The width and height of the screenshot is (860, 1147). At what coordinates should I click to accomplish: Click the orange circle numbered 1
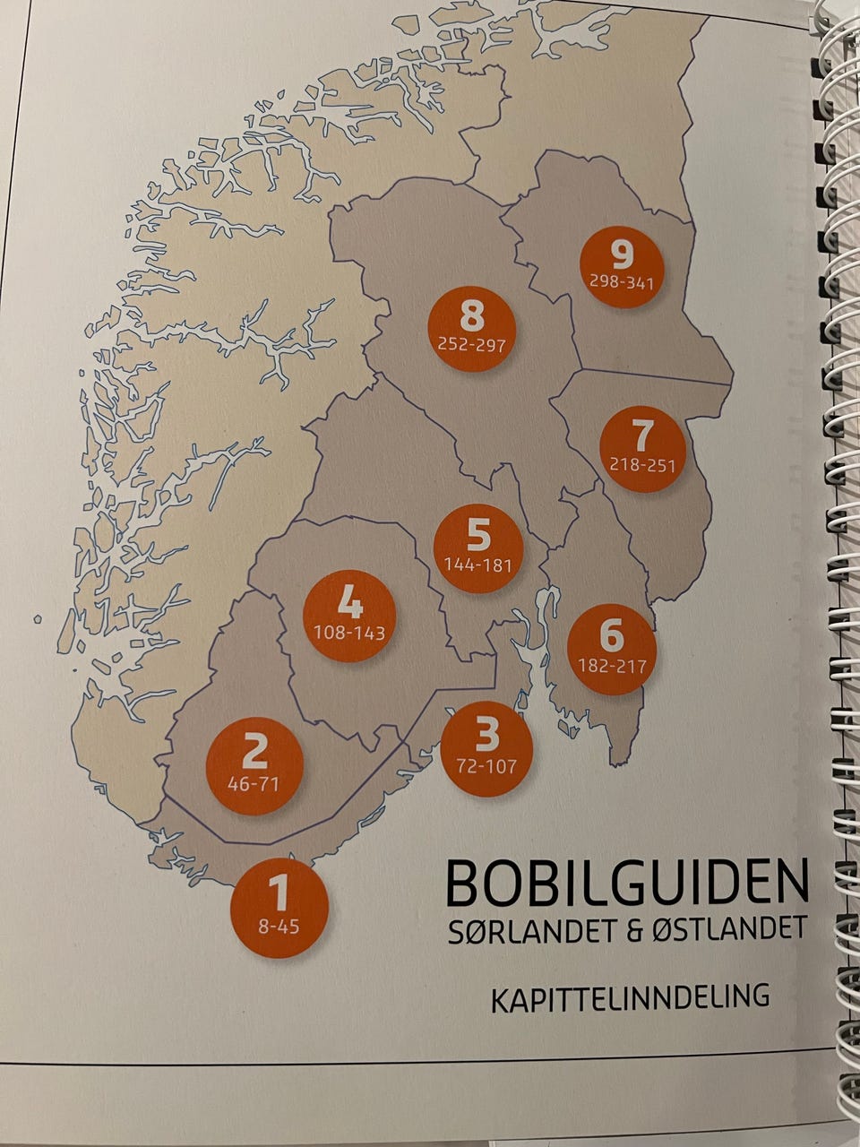pos(279,908)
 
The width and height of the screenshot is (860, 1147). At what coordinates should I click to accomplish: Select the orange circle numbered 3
pos(486,748)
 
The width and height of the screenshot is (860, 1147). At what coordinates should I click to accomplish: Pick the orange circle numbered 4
pos(349,615)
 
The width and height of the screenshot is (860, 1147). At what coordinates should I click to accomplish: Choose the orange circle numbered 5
pos(477,547)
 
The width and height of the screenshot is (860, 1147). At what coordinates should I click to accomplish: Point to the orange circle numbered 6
pos(612,649)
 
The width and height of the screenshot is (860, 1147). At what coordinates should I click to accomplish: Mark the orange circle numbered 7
pos(642,447)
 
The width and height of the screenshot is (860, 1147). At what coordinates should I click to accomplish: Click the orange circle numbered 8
pos(471,324)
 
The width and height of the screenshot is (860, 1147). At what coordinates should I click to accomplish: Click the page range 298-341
pos(621,282)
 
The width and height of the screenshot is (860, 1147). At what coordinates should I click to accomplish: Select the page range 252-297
pos(471,343)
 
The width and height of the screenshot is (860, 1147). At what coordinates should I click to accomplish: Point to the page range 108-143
pos(349,633)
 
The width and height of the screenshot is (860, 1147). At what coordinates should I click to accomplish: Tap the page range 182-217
pos(612,666)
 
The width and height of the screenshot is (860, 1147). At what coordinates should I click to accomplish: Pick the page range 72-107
pos(486,766)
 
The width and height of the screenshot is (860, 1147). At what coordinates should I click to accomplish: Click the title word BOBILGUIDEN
pos(626,883)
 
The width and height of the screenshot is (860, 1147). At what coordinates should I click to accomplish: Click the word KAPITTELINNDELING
pos(630,996)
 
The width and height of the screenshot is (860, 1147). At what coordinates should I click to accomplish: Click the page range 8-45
pos(279,927)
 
